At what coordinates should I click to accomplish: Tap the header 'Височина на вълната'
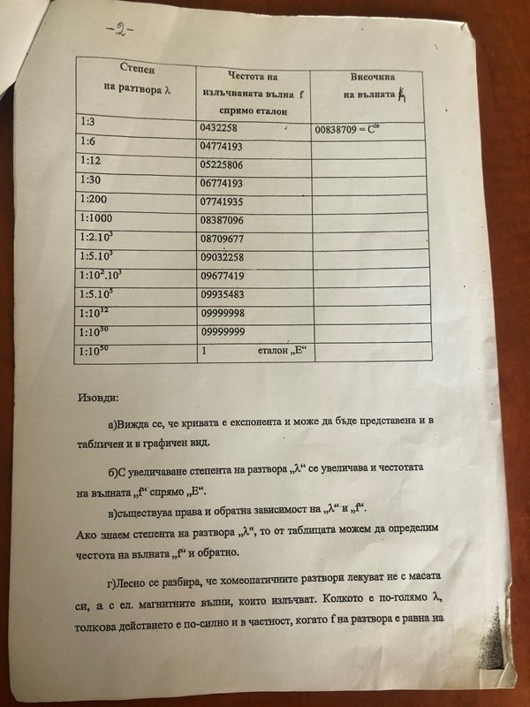tap(370, 85)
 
